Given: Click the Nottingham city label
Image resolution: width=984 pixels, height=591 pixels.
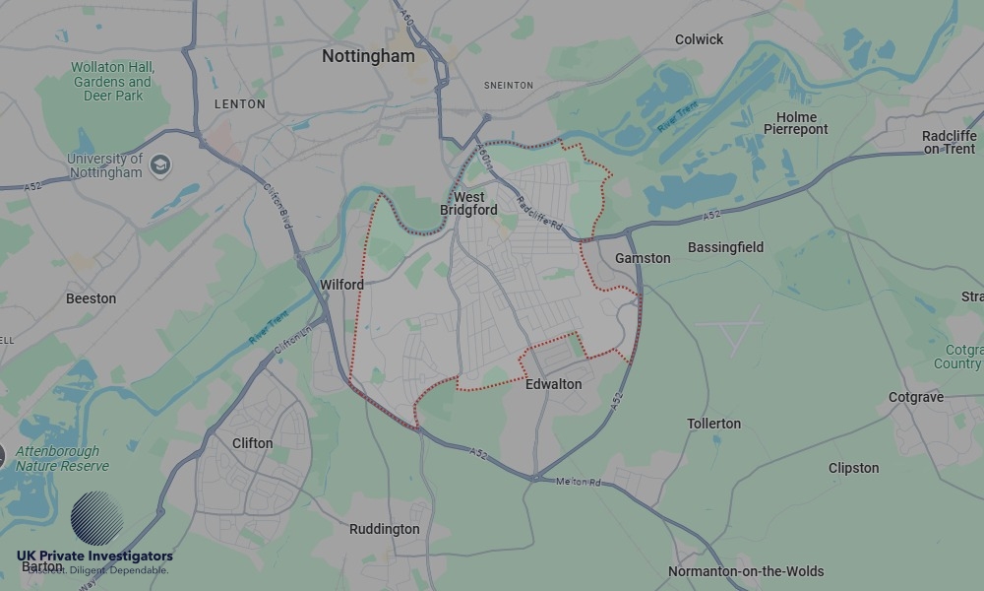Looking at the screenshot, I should pos(368,56).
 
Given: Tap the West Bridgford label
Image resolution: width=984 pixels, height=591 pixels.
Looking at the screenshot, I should pos(468,203).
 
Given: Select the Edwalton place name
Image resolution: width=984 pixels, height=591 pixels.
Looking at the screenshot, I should pos(553,384).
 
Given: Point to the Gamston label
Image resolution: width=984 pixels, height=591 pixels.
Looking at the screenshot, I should pos(643,258).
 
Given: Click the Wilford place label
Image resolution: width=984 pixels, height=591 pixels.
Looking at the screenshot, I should pos(341,285).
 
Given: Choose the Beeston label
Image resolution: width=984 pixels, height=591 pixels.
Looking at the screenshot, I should pos(91,298).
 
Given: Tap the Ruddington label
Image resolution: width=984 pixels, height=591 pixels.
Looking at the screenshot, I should pos(384,529).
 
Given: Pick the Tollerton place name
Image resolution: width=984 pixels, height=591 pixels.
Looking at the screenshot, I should pos(713,424).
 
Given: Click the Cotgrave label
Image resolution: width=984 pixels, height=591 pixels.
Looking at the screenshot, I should pos(915,397).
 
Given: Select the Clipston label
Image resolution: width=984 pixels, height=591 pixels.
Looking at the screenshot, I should pos(853,468).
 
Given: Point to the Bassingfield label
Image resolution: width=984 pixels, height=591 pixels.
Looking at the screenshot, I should pos(725,247).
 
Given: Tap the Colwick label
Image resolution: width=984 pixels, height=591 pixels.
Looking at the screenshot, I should pos(699,39).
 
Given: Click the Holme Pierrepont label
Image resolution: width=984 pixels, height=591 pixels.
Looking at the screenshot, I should pos(796,123).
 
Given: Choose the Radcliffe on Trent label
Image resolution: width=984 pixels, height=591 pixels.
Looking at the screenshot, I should pos(950,142).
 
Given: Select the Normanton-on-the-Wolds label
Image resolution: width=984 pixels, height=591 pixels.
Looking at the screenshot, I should pos(746,571).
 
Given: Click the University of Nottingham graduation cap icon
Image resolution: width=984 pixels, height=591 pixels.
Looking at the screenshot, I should pos(160,165).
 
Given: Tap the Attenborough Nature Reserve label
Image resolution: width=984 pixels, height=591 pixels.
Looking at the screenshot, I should pos(62,458).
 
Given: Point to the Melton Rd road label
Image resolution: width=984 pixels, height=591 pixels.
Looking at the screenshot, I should pos(578,482).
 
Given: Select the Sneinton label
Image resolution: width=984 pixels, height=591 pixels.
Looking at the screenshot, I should pos(509,86).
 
